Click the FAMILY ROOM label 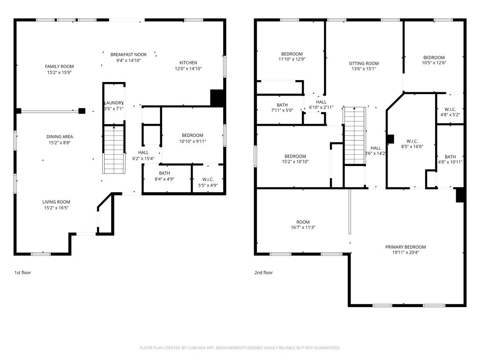[60, 67]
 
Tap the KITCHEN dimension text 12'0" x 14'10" [188, 68]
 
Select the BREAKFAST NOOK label [128, 54]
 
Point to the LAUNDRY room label [114, 103]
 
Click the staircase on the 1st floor [114, 150]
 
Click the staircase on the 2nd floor [355, 136]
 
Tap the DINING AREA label [60, 136]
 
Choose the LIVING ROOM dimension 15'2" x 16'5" [56, 208]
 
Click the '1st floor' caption [22, 272]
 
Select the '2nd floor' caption [263, 272]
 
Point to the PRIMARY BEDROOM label [405, 247]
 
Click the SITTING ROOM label [364, 63]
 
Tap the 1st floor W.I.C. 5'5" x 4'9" [208, 182]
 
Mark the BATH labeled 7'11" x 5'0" [282, 107]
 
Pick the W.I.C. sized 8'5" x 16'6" [412, 144]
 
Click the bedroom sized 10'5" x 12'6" [434, 60]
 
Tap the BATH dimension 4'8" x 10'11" [450, 162]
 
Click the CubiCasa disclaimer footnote [240, 348]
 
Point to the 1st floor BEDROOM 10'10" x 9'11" [193, 138]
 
